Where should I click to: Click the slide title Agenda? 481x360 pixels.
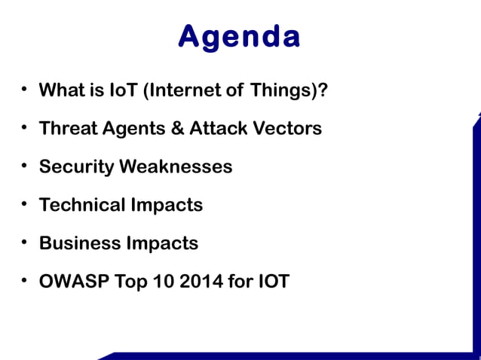coord(240,35)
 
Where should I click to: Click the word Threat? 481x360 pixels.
coord(69,128)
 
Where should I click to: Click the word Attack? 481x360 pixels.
coord(216,128)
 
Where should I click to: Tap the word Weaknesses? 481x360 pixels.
coord(174,166)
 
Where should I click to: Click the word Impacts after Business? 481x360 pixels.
coord(161,243)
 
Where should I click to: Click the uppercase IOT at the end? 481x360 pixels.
coord(272,282)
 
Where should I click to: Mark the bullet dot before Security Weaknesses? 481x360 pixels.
coord(24,165)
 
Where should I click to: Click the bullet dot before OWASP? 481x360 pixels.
coord(24,280)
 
